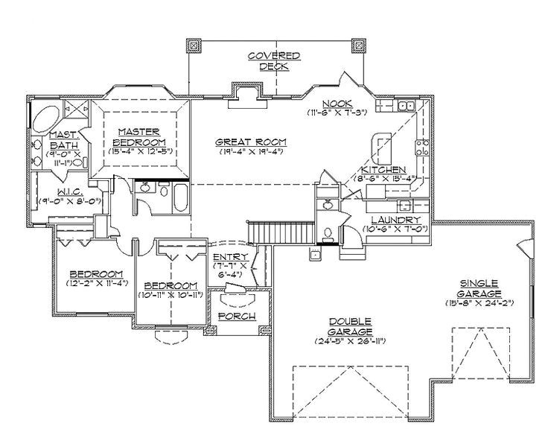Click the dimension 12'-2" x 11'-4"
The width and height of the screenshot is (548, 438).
[x=98, y=284]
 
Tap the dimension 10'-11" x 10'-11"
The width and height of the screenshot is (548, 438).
[x=171, y=295]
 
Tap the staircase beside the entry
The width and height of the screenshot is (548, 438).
[x=261, y=233]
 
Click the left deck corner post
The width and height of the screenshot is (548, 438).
[x=194, y=45]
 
